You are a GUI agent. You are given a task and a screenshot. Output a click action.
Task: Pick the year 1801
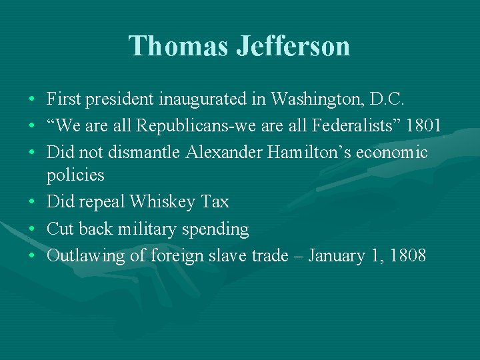click(x=424, y=126)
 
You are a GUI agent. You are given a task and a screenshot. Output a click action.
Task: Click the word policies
click(x=75, y=175)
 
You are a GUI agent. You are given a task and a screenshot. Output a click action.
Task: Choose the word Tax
click(x=215, y=201)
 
